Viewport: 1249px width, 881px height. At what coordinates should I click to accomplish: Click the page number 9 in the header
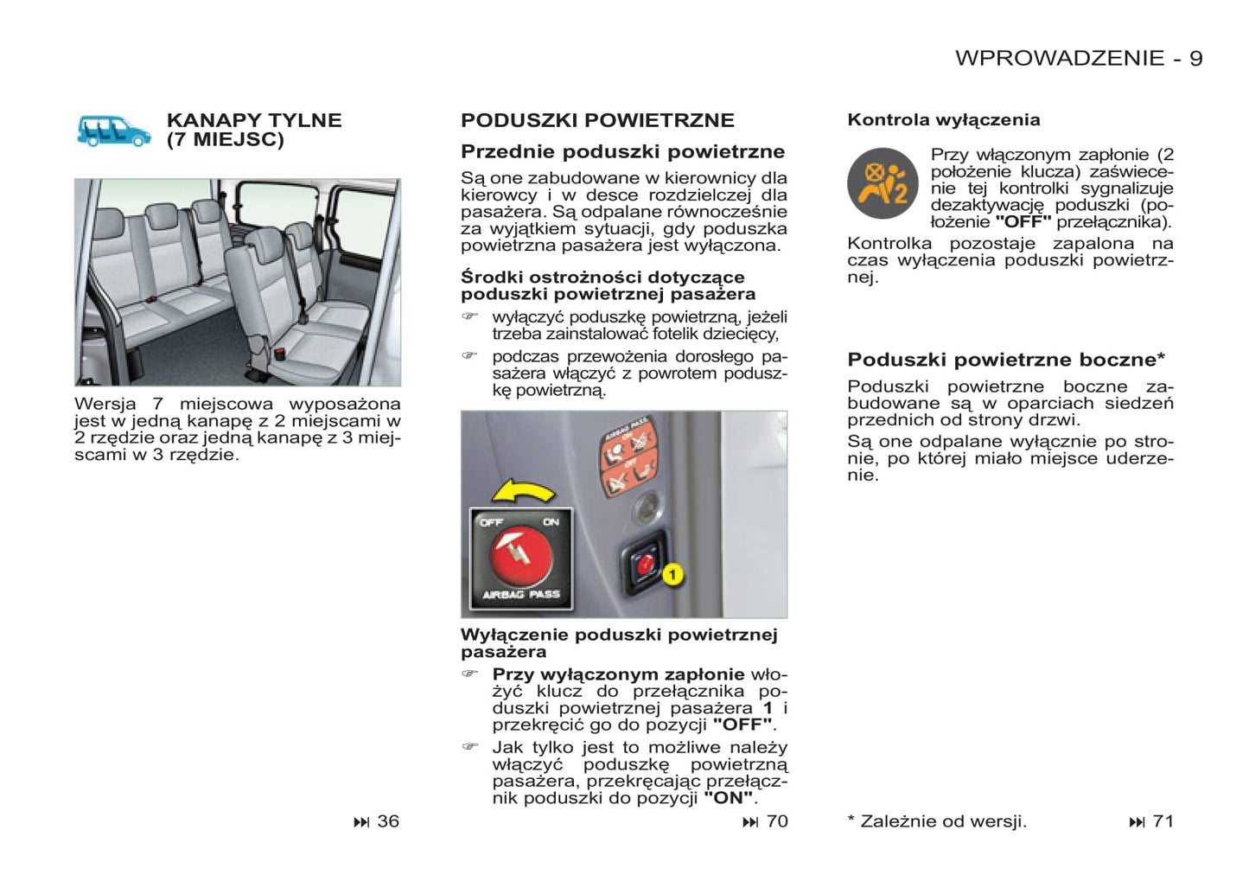(x=1195, y=58)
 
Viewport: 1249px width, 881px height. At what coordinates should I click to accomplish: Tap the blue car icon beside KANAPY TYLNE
(x=113, y=131)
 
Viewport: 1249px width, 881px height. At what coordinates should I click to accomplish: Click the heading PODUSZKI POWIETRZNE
(x=597, y=120)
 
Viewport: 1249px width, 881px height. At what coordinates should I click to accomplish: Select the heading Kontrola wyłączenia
(x=943, y=120)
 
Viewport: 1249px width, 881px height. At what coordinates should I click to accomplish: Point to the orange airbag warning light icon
(x=883, y=183)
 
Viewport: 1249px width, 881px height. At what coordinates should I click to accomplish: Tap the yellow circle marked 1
(x=672, y=574)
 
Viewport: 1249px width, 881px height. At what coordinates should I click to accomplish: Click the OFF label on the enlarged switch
(x=492, y=522)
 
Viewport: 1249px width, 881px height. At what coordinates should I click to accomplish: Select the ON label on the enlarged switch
(x=551, y=522)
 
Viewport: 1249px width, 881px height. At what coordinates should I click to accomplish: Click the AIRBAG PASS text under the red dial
(x=521, y=595)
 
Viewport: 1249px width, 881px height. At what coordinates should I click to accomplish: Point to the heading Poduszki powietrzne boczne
(x=1006, y=360)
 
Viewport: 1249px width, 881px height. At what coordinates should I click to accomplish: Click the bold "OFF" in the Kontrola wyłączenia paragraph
(x=1023, y=222)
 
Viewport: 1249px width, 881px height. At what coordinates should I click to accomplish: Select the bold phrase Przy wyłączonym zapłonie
(x=618, y=674)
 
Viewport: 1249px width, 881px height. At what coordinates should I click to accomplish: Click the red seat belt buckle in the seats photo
(x=280, y=353)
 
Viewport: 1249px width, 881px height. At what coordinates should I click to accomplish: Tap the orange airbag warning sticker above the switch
(x=628, y=456)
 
